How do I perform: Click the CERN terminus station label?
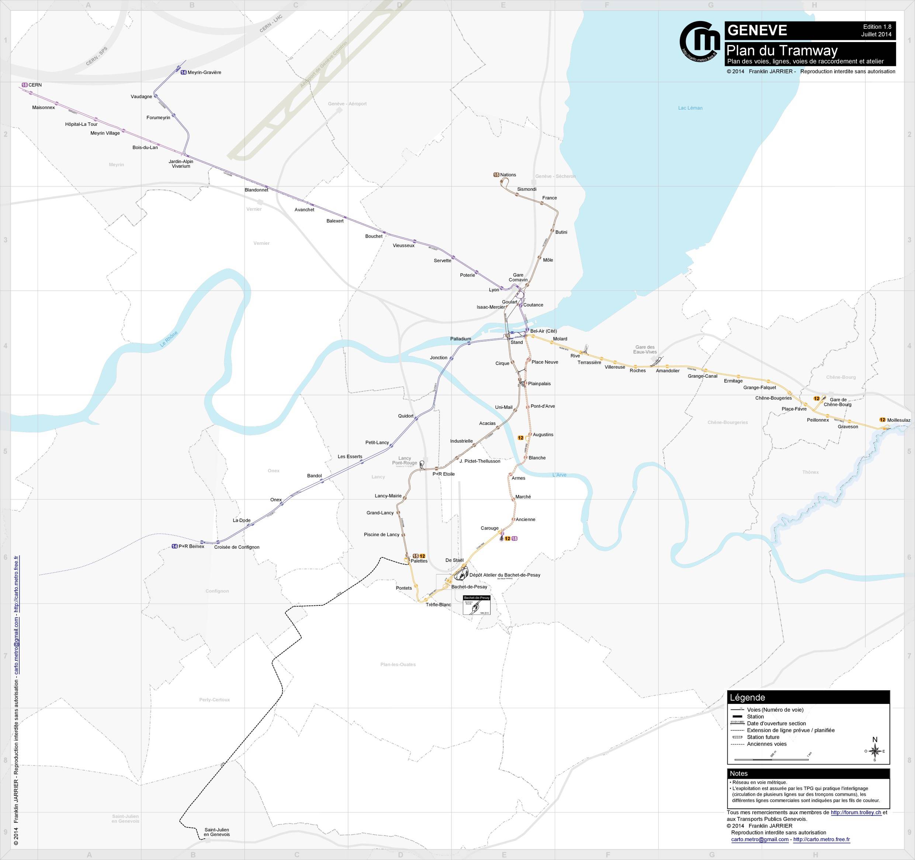[35, 85]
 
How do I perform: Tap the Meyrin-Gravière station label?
[204, 72]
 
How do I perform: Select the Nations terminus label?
[508, 175]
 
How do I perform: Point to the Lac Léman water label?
[690, 108]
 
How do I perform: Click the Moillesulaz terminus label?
[898, 420]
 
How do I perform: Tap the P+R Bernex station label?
[191, 546]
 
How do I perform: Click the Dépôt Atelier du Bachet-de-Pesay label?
[505, 575]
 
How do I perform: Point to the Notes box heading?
[739, 773]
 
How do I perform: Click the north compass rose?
[874, 752]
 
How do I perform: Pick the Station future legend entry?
[763, 737]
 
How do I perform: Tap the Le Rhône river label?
[169, 339]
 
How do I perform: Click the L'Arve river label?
[559, 475]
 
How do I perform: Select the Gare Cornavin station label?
[518, 277]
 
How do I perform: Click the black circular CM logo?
[700, 41]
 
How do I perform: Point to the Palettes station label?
[419, 561]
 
